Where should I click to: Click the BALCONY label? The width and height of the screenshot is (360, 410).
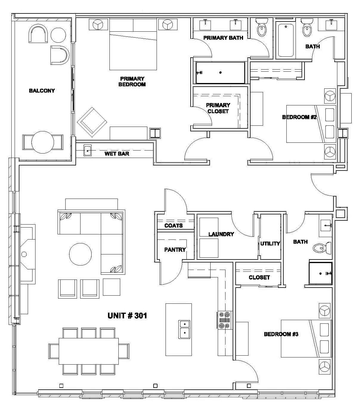click(x=42, y=90)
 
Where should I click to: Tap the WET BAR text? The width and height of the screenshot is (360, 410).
click(x=117, y=154)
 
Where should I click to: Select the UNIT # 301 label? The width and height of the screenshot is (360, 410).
click(x=127, y=316)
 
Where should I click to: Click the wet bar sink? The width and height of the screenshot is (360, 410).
click(x=87, y=151)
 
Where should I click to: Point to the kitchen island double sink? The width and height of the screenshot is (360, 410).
click(x=185, y=329)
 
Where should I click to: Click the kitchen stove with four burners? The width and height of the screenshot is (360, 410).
click(x=224, y=320)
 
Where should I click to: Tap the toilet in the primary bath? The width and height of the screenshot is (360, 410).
click(x=262, y=27)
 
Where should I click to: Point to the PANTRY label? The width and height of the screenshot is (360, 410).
click(x=175, y=250)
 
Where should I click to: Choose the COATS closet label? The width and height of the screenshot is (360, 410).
click(x=174, y=225)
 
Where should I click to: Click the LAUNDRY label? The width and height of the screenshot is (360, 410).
click(x=221, y=234)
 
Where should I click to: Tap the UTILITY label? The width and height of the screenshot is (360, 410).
click(x=270, y=243)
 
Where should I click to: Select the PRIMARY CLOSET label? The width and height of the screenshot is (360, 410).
click(x=218, y=108)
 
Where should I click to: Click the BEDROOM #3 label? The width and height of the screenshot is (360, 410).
click(x=281, y=334)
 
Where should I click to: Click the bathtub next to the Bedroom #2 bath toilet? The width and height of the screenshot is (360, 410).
click(x=285, y=40)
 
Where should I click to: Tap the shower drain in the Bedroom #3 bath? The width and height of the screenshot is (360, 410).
click(x=321, y=274)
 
